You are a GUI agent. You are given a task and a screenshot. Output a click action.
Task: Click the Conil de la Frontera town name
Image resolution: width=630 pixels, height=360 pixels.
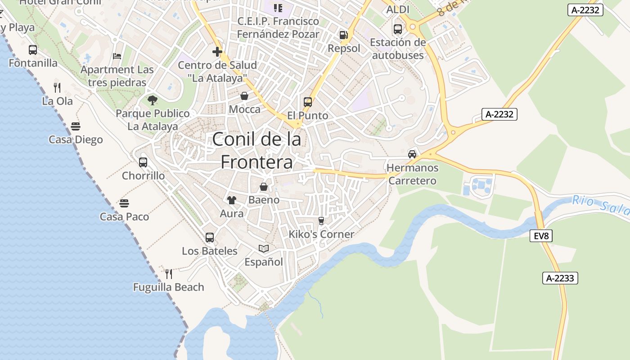256,150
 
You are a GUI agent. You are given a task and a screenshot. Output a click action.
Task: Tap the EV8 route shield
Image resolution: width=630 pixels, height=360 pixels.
541,236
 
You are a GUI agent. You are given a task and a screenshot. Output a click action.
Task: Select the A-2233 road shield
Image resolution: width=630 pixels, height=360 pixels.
560,278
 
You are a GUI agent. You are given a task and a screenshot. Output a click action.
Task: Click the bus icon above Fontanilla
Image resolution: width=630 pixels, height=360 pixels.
33,50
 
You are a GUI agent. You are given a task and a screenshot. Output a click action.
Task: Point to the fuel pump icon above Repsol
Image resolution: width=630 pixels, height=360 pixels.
343,35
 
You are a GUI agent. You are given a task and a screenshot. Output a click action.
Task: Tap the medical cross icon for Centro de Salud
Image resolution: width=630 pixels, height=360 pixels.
217,52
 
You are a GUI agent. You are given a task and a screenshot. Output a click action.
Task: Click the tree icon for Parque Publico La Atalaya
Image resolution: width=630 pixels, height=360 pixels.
153,100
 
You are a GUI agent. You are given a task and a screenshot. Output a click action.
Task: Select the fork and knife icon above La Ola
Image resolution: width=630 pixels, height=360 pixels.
57,87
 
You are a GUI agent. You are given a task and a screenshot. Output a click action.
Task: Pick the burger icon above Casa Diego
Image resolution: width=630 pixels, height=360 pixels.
76,126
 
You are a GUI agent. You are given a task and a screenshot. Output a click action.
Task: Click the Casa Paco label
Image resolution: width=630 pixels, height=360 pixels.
124,217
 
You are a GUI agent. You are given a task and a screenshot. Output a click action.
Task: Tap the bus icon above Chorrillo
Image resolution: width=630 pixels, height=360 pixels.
143,162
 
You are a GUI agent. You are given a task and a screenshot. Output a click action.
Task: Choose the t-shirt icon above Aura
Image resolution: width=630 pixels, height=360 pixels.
232,200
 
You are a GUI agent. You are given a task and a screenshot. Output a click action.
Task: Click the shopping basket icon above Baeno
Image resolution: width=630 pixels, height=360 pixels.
264,186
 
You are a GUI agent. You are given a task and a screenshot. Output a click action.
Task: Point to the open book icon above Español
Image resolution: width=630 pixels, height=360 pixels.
264,248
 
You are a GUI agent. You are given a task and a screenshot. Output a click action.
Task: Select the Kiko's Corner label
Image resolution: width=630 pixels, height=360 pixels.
321,234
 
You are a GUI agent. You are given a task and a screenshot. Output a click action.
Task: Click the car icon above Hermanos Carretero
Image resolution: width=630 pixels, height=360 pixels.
412,154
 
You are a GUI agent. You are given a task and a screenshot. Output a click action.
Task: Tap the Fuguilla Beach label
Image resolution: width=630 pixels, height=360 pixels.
169,287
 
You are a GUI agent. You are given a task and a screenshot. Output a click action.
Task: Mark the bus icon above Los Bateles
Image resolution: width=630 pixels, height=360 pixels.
210,238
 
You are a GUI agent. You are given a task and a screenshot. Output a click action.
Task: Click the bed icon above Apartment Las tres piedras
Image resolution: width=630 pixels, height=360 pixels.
117,56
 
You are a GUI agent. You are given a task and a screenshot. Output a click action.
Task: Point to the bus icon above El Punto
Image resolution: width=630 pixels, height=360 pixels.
308,102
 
